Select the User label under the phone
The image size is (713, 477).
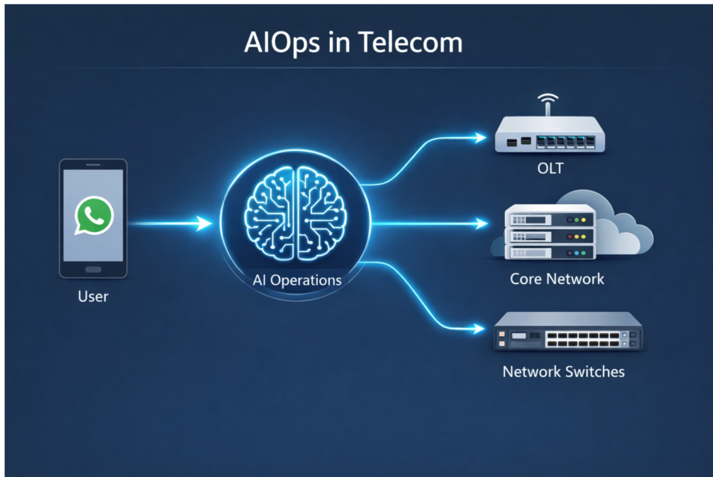[93, 297]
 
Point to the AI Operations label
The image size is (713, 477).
[297, 281]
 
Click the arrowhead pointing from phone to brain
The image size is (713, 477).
[205, 224]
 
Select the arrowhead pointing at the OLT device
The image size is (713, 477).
[480, 138]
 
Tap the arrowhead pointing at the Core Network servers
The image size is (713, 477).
[481, 224]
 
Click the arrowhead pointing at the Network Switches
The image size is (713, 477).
[480, 327]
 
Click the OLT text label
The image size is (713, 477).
[550, 170]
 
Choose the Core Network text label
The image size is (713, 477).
[557, 279]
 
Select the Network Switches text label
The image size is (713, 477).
[563, 371]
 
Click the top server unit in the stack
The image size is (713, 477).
[550, 217]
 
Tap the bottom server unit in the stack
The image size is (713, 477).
[550, 252]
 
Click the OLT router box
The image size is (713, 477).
[549, 136]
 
